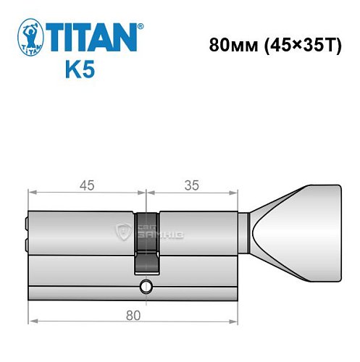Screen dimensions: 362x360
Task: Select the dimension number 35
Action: point(192,185)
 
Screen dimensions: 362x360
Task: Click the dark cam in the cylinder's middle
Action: point(146,243)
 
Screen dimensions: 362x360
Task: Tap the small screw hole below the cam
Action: point(147,287)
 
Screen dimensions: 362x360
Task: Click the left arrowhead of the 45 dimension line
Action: point(30,192)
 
